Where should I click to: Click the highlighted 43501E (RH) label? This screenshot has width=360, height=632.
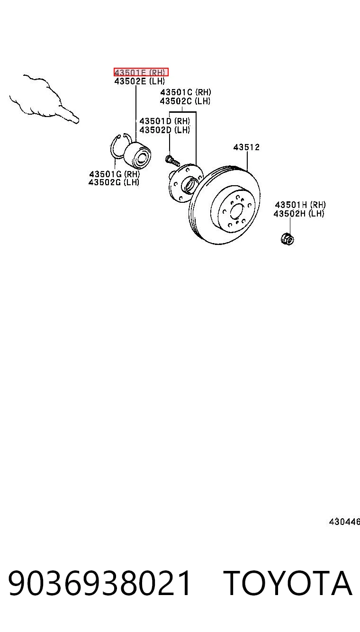pos(141,72)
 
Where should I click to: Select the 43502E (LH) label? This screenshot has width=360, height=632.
pos(139,81)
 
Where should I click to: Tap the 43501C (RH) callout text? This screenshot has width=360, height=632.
pos(186,92)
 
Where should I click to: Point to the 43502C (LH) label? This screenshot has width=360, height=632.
pos(185,101)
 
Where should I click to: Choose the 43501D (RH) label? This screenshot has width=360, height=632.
pos(165,121)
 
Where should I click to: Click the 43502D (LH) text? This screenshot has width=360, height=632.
pos(165,130)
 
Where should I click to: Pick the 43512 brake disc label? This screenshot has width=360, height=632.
pos(246,147)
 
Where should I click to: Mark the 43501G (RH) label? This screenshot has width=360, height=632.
pos(115,174)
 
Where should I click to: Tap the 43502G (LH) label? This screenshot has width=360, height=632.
pos(114,182)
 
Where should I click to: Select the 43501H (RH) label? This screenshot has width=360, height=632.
pos(300,205)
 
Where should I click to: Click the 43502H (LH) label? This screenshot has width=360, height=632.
pos(299,214)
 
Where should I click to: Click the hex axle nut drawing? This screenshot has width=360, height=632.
pos(288,239)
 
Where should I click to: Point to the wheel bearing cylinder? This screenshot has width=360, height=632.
pos(137,155)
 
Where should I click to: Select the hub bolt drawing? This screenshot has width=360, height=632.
pos(172,161)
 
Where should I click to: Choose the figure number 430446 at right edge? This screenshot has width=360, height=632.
pos(344,522)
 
